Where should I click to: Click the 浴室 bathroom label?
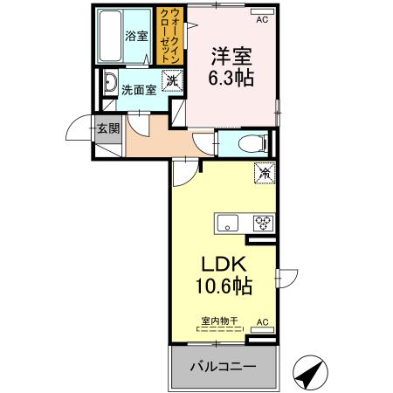point(135,36)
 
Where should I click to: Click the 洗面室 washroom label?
point(138,88)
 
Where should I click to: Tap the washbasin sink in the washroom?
point(110,86)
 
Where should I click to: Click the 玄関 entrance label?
point(105,129)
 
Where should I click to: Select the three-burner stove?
point(262,223)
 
